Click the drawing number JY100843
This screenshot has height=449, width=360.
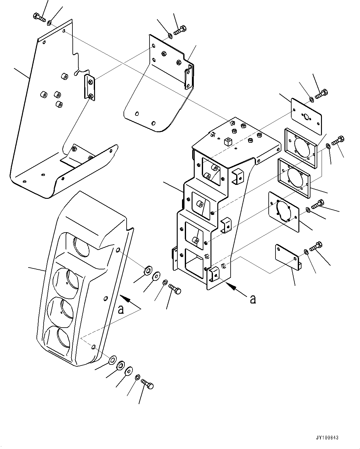pos(327,438)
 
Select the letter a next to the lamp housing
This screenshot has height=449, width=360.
pos(121,309)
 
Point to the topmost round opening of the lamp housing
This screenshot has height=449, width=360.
pos(81,246)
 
